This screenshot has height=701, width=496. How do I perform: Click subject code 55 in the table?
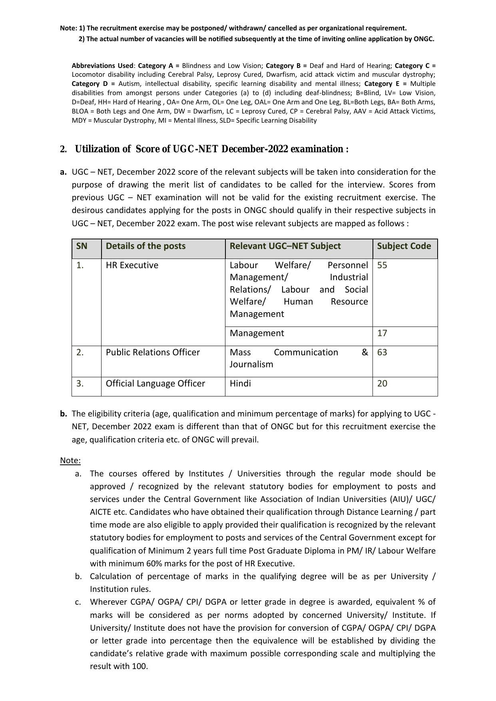point(382,265)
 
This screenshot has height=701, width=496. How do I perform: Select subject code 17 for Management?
point(382,333)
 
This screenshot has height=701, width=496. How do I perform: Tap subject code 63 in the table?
point(382,352)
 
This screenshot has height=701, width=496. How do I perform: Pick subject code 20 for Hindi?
point(382,384)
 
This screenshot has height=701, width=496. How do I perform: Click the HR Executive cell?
point(132,265)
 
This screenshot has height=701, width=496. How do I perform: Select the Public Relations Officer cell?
point(153,352)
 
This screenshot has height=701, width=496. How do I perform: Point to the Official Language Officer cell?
point(155,384)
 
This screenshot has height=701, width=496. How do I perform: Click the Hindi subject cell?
point(240,384)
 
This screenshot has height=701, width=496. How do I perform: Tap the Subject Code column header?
point(404,246)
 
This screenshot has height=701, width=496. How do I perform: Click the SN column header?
point(82,246)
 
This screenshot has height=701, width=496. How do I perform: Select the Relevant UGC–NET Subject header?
point(285,246)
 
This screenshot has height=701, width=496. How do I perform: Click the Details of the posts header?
point(145,246)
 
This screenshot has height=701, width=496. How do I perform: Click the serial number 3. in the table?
point(80,384)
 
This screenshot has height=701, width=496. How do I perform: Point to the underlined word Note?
point(70,461)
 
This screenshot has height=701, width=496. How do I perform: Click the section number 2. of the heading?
point(63,149)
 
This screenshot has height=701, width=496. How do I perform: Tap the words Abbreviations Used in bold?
point(102,66)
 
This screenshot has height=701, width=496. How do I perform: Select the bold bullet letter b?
point(63,414)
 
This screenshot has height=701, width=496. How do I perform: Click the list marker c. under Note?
point(78,602)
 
